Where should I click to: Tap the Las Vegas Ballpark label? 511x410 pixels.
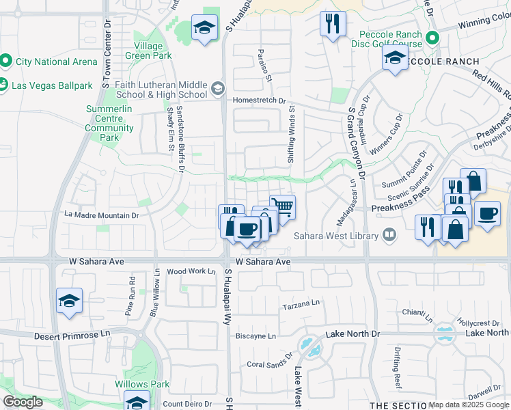[x=52, y=85]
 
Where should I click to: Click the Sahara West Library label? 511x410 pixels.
[x=336, y=236]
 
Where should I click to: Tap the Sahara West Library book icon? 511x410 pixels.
[x=389, y=235]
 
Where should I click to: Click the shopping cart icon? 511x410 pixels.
[x=282, y=207]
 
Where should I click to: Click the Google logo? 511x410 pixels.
[x=23, y=401]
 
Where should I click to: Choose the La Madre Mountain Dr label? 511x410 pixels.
[x=102, y=215]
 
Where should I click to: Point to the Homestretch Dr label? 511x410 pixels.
[x=259, y=100]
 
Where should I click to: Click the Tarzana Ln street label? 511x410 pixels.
[x=301, y=305]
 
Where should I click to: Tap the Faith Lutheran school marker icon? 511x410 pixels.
[x=217, y=88]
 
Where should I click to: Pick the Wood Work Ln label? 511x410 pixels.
[x=191, y=271]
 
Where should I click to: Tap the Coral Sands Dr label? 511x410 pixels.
[x=269, y=364]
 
